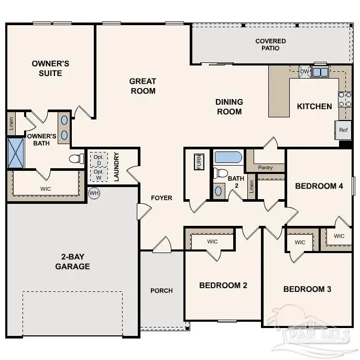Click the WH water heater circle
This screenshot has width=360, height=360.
94,193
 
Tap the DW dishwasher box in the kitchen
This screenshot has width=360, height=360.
304,72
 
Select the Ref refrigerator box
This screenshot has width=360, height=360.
343,130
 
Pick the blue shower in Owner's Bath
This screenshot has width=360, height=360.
15,152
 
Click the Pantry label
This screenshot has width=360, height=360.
266,168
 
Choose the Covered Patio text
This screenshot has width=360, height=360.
270,45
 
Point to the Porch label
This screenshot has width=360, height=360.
161,291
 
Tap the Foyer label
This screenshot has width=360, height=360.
161,198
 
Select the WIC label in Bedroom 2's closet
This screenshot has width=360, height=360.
212,242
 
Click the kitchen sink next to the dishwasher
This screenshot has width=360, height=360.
320,72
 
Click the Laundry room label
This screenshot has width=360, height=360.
117,167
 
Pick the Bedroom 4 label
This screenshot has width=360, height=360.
319,186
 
